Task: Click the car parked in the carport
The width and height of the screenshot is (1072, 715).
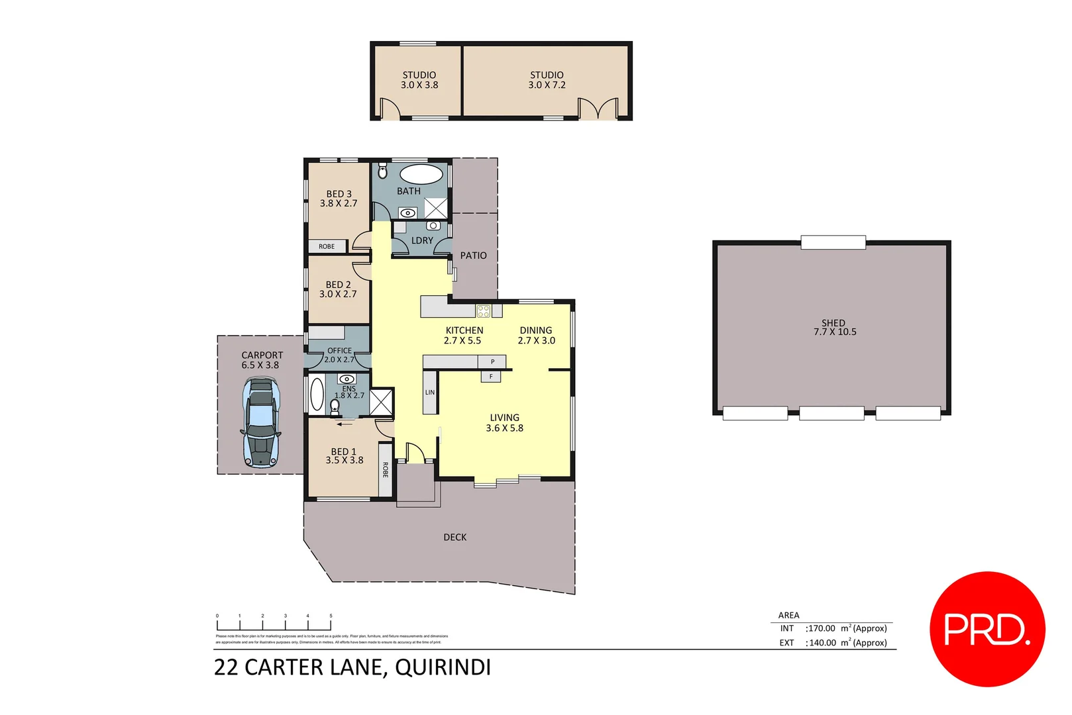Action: (x=260, y=422)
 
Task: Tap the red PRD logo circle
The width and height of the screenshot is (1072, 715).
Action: (x=987, y=629)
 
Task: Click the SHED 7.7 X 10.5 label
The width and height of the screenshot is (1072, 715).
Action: (x=834, y=328)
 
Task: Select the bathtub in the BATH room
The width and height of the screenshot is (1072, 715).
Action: (x=421, y=174)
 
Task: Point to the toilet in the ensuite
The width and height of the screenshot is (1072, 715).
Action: (x=335, y=405)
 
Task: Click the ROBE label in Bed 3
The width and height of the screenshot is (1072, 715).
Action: (x=327, y=246)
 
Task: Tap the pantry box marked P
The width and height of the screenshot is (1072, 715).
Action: (x=492, y=361)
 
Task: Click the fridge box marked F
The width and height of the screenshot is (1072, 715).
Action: (x=491, y=377)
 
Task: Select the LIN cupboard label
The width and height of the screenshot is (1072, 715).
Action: (x=430, y=393)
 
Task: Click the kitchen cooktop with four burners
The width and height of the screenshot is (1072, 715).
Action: (x=484, y=310)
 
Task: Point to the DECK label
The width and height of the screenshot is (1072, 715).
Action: (x=455, y=537)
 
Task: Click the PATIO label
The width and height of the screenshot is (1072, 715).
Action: (x=473, y=256)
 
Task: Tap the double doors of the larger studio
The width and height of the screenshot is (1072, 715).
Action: (x=598, y=109)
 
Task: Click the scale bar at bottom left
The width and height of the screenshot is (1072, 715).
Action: (x=274, y=624)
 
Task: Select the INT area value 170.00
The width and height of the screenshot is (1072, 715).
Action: (x=821, y=628)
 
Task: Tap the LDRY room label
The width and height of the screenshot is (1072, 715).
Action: (x=422, y=240)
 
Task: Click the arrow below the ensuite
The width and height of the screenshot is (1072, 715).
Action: (x=345, y=424)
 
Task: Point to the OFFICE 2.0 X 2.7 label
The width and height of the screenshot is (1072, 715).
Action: (x=339, y=355)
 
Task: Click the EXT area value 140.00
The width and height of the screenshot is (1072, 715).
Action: (x=821, y=643)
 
